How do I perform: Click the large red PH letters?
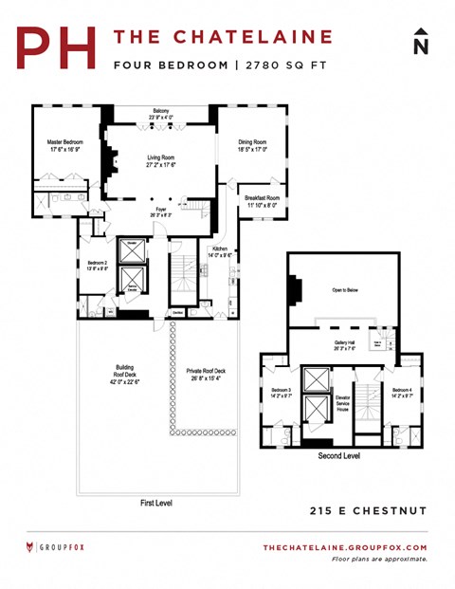tap(58, 47)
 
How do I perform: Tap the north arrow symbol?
tap(422, 44)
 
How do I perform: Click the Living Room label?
tap(162, 160)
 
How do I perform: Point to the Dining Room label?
tap(252, 145)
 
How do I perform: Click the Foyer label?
tap(161, 212)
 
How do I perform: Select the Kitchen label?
tap(220, 251)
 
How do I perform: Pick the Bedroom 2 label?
tap(97, 265)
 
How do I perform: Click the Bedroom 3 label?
tap(282, 393)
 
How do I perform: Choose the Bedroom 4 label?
tap(402, 392)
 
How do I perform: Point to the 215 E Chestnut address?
tap(369, 511)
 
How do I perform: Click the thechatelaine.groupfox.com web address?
tap(344, 548)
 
